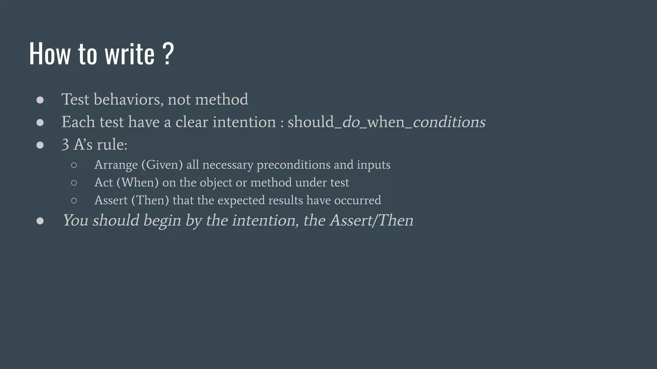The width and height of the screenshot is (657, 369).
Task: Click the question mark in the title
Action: tap(168, 54)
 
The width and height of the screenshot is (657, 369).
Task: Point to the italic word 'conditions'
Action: tap(449, 122)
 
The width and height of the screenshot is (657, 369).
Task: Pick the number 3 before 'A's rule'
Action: tap(65, 145)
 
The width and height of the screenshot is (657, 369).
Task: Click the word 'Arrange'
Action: tap(116, 165)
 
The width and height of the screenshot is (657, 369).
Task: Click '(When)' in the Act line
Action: tap(137, 183)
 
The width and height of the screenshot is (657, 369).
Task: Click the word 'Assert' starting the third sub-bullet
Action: tap(111, 200)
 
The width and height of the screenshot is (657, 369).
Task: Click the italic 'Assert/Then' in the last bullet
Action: tap(371, 220)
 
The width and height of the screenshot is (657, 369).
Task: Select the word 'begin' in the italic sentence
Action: tap(162, 221)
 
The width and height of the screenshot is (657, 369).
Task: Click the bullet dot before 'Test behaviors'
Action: tap(40, 100)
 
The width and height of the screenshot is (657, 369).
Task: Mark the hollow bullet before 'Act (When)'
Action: tap(74, 183)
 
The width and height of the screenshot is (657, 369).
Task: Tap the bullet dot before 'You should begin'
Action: tap(40, 221)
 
